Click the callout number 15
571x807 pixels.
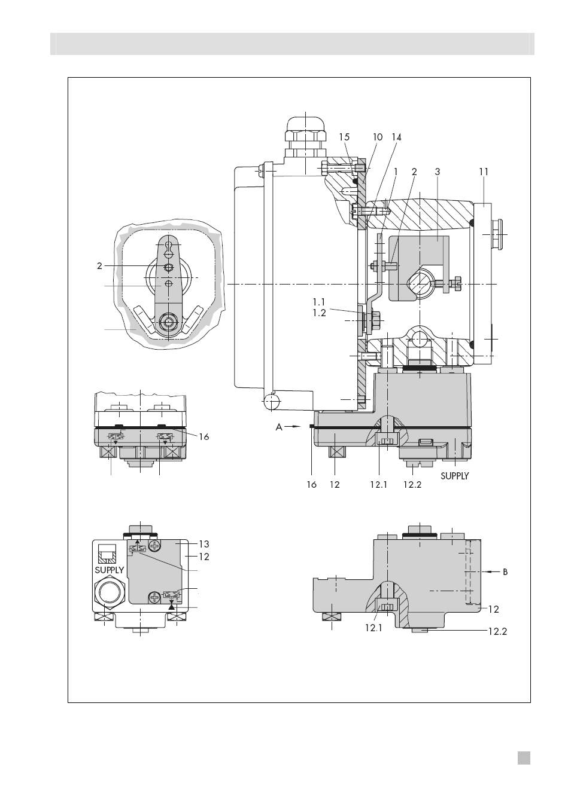(344, 137)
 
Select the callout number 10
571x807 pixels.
(377, 137)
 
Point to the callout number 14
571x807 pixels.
(396, 137)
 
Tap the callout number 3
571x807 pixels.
(438, 172)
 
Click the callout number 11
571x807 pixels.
(484, 172)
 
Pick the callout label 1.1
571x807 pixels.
(319, 301)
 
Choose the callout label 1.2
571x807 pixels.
(319, 313)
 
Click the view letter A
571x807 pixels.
(279, 427)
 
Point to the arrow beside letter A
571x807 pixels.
(293, 427)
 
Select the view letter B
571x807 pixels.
(505, 571)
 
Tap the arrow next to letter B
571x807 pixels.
(491, 571)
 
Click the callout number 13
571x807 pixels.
(204, 544)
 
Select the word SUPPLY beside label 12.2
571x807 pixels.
(454, 476)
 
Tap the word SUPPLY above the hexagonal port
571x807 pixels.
(110, 570)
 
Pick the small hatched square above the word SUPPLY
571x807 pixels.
(107, 553)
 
